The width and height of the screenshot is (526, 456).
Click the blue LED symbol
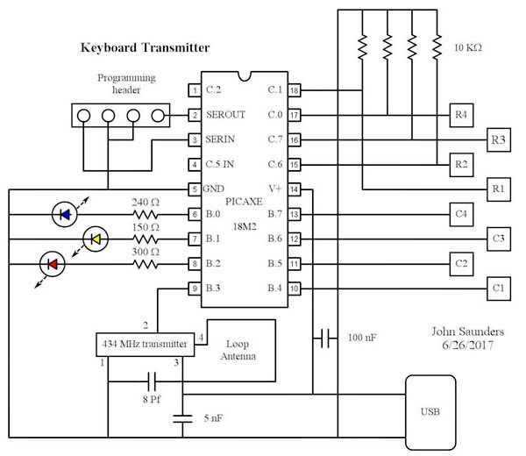(65, 213)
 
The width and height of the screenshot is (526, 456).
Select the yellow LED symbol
(95, 238)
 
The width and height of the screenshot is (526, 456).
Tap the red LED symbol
(52, 263)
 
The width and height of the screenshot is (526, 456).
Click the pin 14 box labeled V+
(295, 189)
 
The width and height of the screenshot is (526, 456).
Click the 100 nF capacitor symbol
(325, 338)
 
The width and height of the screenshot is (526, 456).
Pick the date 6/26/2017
(468, 347)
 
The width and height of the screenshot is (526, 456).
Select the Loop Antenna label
(238, 352)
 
